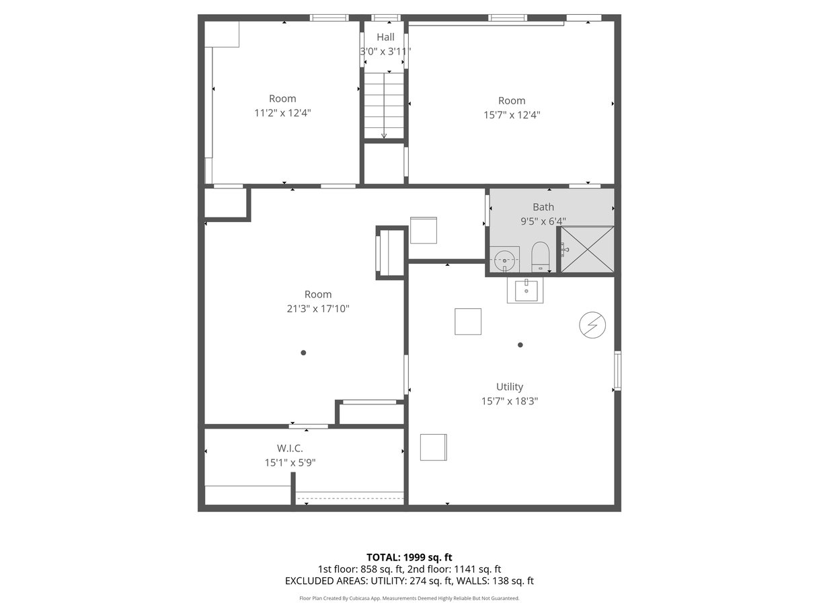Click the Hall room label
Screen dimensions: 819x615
[385, 37]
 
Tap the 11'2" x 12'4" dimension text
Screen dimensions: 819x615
[282, 113]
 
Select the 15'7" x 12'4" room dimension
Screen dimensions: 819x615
[512, 114]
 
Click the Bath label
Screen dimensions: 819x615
[543, 207]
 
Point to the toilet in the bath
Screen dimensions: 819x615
[540, 257]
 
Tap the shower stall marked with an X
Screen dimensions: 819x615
[587, 250]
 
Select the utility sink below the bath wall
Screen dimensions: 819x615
[525, 290]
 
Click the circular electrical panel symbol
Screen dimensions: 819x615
[592, 324]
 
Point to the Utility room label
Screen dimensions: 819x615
[509, 386]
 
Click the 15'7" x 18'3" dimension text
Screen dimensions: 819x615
[509, 401]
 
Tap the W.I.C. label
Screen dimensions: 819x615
[290, 448]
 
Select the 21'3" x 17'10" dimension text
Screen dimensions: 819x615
[318, 309]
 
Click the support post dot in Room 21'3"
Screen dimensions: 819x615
[303, 353]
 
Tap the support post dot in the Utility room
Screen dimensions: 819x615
[520, 345]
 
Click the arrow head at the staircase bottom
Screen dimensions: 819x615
[384, 136]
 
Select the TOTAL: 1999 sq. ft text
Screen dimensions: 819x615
[409, 558]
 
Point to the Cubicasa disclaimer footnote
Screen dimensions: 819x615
[409, 598]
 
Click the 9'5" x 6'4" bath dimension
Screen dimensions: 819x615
[543, 221]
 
